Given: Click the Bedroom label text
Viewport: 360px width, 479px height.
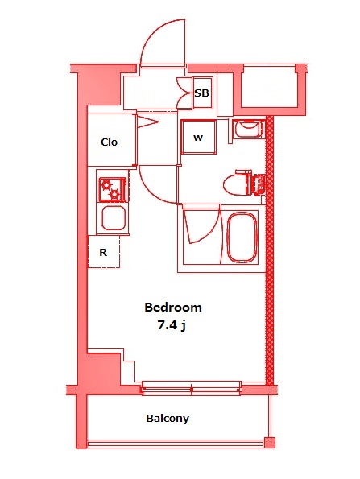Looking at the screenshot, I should (172, 308).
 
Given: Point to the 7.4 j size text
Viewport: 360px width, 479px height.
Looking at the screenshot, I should (172, 325).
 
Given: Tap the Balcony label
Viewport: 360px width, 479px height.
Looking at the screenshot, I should (168, 419).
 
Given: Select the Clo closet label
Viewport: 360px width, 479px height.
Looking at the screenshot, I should (109, 142).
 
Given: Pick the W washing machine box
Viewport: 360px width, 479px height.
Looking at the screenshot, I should (197, 137).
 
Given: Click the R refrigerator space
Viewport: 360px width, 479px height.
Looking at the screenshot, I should (103, 252).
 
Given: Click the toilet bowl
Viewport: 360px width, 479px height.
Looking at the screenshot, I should (238, 183).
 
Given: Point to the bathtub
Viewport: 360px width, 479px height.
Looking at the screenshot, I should (241, 238).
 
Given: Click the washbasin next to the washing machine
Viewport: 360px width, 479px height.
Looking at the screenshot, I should (247, 129).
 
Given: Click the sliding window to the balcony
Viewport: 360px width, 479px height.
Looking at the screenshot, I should (192, 388).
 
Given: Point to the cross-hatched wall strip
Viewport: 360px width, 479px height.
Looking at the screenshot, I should (271, 250).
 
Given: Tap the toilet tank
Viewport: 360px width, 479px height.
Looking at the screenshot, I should (259, 184).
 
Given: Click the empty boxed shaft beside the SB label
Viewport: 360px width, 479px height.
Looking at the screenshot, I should (270, 89).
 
